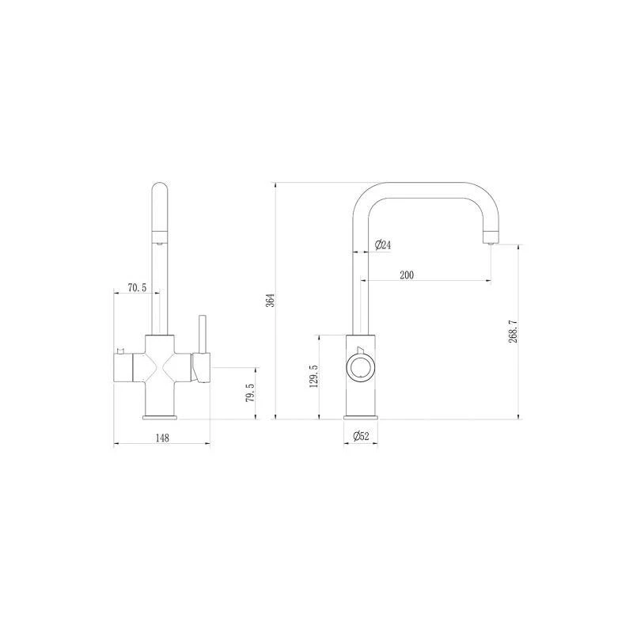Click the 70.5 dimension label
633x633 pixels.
click(137, 288)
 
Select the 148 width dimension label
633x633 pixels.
click(162, 438)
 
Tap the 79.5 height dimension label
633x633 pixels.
click(250, 392)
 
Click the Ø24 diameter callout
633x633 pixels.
click(383, 244)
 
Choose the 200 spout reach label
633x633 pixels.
click(407, 275)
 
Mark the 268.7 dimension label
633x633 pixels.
click(513, 332)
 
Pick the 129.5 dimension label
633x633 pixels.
click(313, 377)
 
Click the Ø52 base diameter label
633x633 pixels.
click(361, 436)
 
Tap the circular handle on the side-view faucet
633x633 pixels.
click(361, 367)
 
